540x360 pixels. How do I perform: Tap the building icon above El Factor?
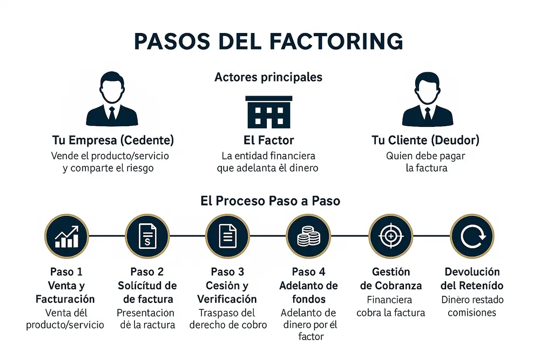point(268,112)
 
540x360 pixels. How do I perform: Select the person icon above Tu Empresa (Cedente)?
point(112,99)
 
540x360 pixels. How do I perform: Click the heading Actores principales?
point(268,77)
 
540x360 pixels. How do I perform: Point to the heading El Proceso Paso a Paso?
point(270,201)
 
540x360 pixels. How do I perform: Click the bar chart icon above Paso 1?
point(66,236)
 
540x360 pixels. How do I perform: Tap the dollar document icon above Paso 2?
point(147,236)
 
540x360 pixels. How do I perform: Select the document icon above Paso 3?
point(227,236)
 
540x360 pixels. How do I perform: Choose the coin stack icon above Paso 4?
point(309,236)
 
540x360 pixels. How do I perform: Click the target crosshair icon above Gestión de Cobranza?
point(390,236)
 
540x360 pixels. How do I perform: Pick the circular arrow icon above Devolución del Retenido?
point(471,236)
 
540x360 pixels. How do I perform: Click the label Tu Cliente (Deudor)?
point(425,140)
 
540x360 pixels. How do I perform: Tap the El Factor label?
point(268,140)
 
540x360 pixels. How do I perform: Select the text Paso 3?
point(227,271)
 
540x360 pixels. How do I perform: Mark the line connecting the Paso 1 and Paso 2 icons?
point(106,236)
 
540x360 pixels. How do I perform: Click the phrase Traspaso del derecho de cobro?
point(227,319)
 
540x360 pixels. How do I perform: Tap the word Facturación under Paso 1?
point(65,299)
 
